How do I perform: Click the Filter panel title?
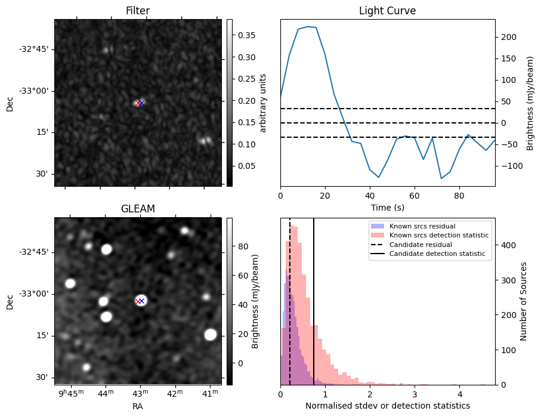(137, 11)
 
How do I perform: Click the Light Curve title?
(387, 11)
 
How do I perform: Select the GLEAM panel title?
(137, 209)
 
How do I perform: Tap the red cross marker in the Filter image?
(138, 103)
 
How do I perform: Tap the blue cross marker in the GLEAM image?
(142, 301)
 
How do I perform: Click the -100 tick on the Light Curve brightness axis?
(509, 166)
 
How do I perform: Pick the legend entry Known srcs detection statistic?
(438, 235)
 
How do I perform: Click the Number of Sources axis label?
(524, 301)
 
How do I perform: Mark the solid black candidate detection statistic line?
(314, 310)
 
